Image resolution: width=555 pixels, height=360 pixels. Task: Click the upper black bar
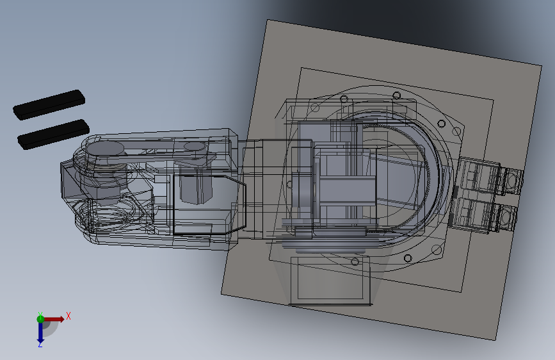(x=49, y=104)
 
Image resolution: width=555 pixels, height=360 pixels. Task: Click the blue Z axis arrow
(x=40, y=332)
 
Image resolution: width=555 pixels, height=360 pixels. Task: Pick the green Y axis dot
(x=40, y=318)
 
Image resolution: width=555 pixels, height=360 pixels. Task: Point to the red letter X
(x=68, y=316)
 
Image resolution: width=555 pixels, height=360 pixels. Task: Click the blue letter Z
(x=40, y=345)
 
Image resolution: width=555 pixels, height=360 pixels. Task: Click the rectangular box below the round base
(x=330, y=280)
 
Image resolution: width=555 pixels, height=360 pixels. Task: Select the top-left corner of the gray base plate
(x=266, y=20)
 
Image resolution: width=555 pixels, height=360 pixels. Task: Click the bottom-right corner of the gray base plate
(x=497, y=339)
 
